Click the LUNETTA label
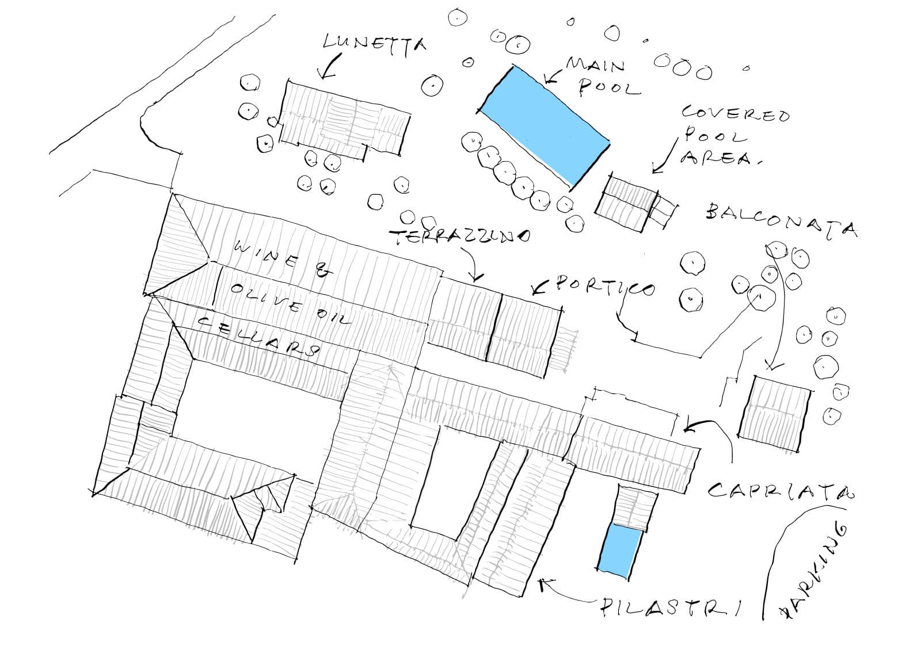[375, 43]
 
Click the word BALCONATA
[781, 221]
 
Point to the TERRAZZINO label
[459, 237]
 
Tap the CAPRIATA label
[780, 491]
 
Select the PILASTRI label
[671, 607]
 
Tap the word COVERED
[735, 113]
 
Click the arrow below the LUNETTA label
[329, 67]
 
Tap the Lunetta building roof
[344, 118]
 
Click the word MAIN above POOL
[595, 64]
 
